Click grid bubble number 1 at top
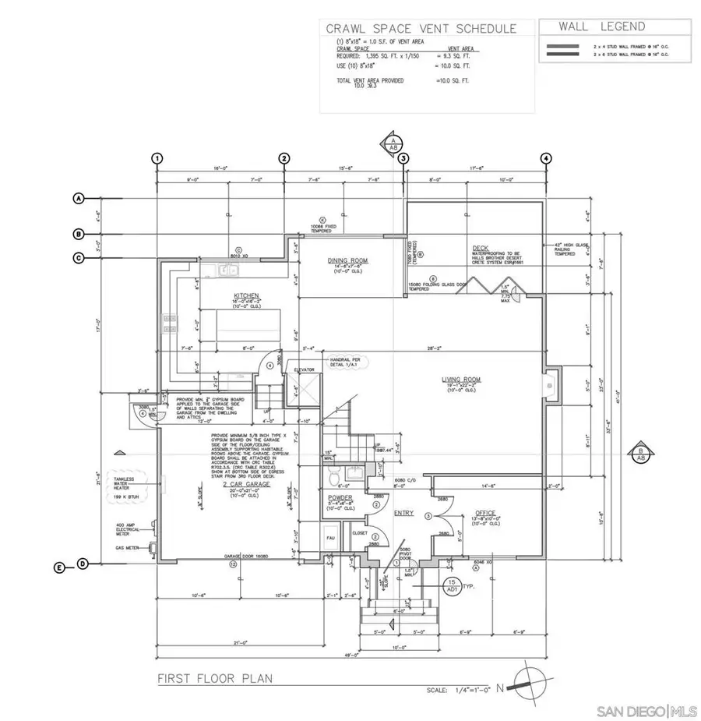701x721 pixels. [x=158, y=158]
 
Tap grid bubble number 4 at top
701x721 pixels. [x=547, y=158]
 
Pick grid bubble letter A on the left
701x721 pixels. [x=78, y=198]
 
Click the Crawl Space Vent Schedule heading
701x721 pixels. [x=421, y=29]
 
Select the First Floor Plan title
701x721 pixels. [x=216, y=678]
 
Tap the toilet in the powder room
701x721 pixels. [x=333, y=475]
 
